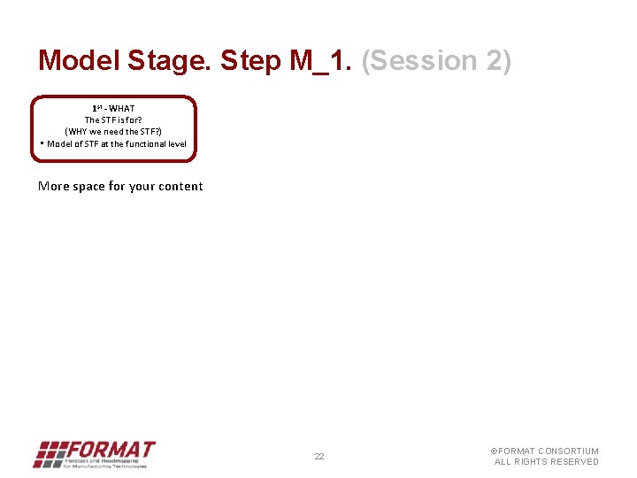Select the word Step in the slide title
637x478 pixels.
[252, 61]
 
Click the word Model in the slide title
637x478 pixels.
[79, 61]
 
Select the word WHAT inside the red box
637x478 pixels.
[122, 109]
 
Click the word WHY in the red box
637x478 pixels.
[78, 131]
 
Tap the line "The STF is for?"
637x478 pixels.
[113, 119]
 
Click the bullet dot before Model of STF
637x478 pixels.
[42, 143]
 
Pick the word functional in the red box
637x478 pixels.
[146, 143]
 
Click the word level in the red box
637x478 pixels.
[177, 143]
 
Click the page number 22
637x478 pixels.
[319, 457]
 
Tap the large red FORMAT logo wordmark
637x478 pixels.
[112, 449]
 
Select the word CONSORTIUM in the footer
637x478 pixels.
[568, 451]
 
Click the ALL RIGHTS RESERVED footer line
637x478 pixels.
[546, 462]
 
